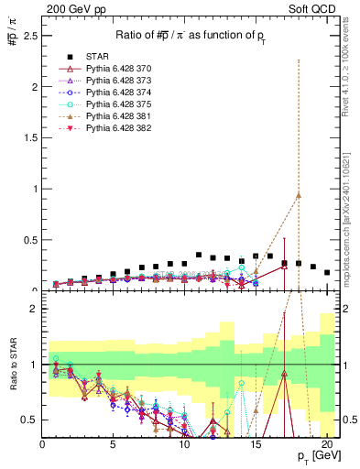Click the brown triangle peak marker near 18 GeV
click(299, 195)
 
